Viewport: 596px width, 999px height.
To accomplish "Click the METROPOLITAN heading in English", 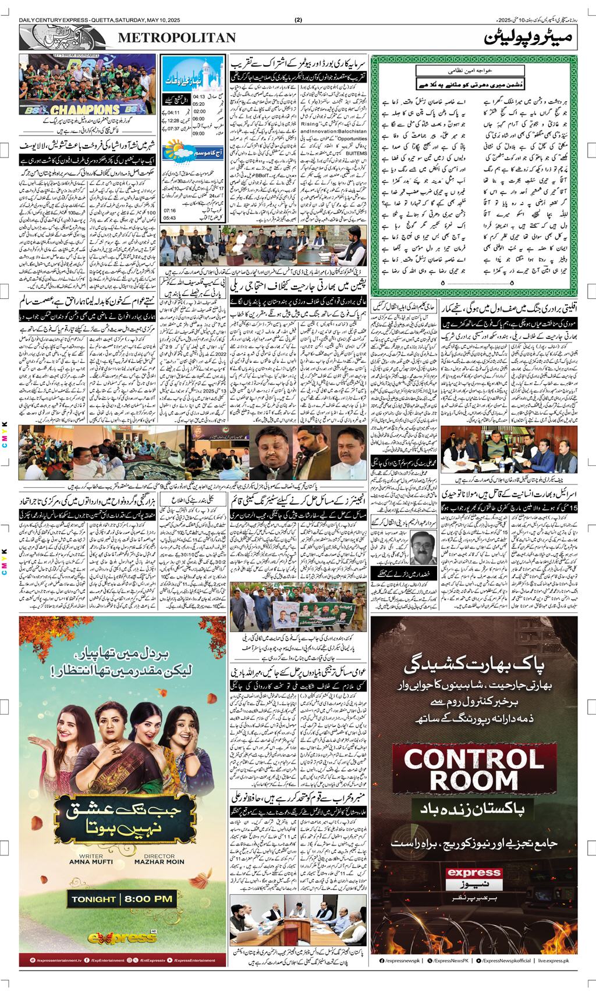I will coord(178,38).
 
